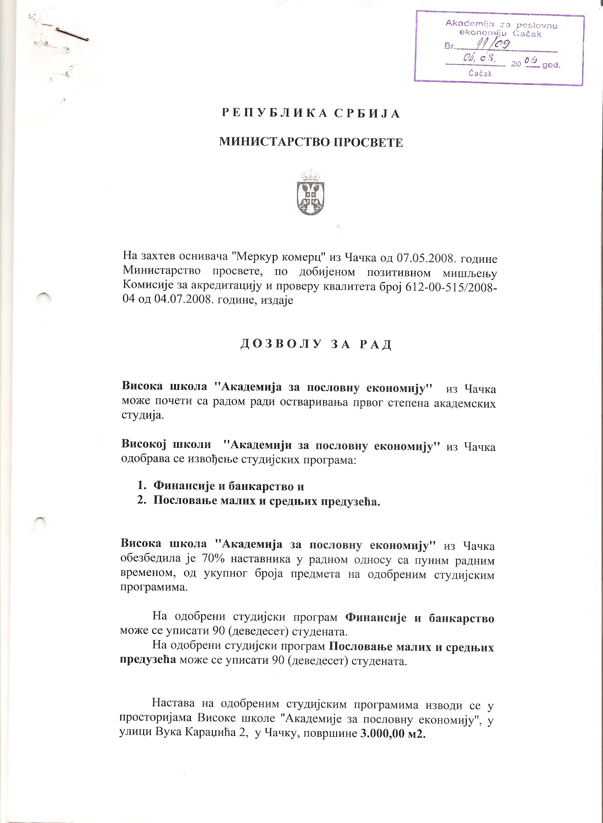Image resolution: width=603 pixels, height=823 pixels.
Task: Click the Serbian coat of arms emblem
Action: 311,192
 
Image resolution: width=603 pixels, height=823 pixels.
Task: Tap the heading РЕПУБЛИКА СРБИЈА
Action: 311,114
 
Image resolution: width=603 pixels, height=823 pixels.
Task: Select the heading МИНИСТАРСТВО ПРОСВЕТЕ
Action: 311,142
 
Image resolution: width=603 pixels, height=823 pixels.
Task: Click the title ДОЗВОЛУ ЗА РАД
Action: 316,344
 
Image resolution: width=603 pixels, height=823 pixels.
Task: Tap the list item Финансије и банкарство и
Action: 228,486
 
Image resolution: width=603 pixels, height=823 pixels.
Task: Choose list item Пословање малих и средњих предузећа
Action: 266,501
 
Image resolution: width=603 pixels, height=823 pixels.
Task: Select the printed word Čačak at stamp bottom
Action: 480,73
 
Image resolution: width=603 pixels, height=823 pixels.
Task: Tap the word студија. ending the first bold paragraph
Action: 143,415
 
